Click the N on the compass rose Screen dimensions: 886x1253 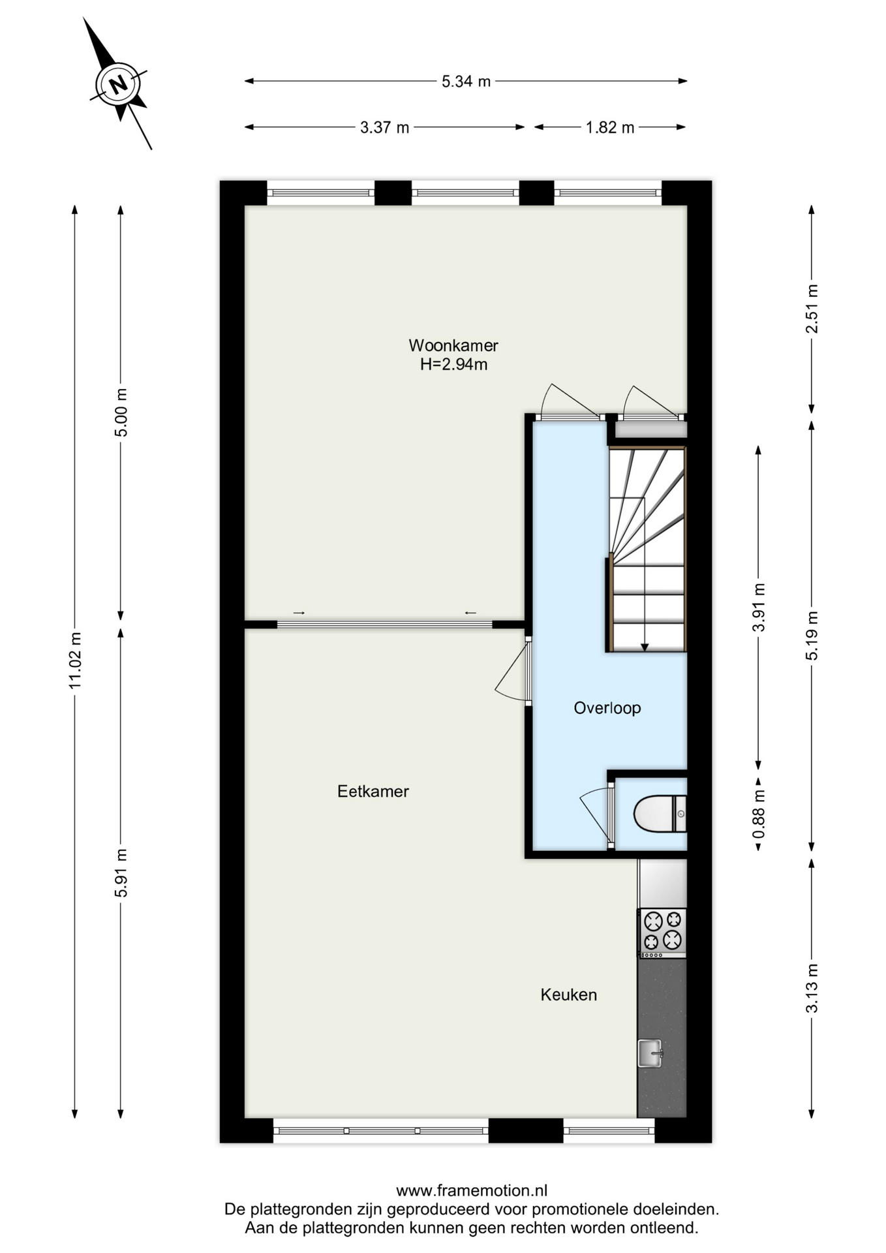tap(119, 84)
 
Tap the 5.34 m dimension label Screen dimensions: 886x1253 tap(466, 82)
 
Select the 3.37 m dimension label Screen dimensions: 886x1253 tap(384, 127)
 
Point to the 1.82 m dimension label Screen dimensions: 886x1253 tap(609, 127)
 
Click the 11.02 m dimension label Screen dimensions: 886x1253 tap(75, 660)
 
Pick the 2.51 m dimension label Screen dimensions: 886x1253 tap(812, 309)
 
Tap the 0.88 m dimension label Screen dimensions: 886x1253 tap(758, 814)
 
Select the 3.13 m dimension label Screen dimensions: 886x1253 tap(812, 988)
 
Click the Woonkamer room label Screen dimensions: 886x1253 tap(453, 345)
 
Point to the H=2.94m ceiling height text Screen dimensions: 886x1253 tap(453, 364)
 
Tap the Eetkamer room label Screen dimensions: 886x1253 tap(373, 791)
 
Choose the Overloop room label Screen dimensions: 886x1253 tap(607, 708)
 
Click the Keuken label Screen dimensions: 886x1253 tap(568, 995)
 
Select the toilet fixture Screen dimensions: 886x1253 tap(660, 814)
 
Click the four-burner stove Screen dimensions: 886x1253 tap(662, 933)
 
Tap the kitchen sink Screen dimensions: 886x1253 tap(650, 1053)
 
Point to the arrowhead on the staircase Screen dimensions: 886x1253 tap(645, 647)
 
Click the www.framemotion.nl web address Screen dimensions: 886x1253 tap(471, 1191)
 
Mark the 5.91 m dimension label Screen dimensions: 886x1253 tap(121, 873)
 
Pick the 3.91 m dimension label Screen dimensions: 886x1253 tap(758, 607)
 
